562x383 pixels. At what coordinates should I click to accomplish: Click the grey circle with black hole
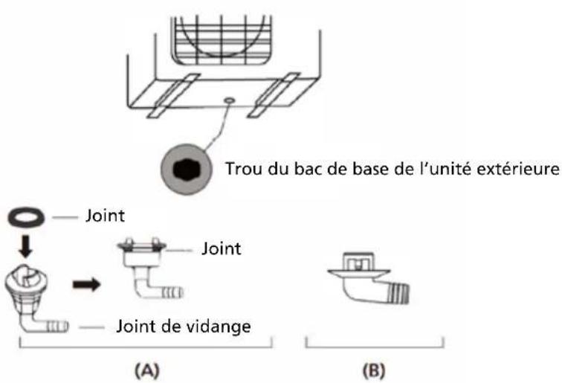[182, 168]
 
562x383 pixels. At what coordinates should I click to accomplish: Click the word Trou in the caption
[242, 168]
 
